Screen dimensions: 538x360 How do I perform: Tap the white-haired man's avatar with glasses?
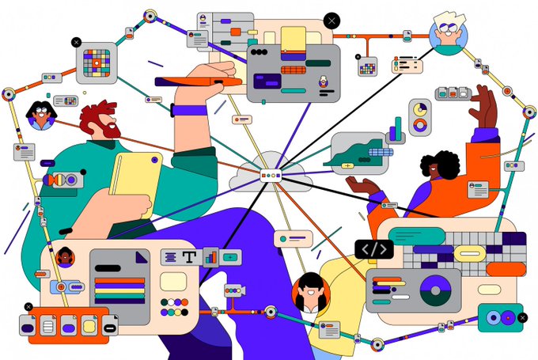pos(449,33)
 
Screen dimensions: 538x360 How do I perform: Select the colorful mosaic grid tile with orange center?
pos(97,63)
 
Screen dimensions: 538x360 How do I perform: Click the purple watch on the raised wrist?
pos(187,110)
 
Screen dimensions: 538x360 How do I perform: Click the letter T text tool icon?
pos(189,256)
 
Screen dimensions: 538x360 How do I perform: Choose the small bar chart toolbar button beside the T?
pos(210,256)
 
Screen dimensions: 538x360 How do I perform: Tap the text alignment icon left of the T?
pos(169,256)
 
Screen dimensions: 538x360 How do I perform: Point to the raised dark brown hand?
pos(483,107)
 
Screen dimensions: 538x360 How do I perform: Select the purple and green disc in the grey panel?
pos(434,289)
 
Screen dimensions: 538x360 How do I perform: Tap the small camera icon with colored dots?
pos(234,290)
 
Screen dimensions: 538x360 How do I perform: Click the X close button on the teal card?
pos(521,318)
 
